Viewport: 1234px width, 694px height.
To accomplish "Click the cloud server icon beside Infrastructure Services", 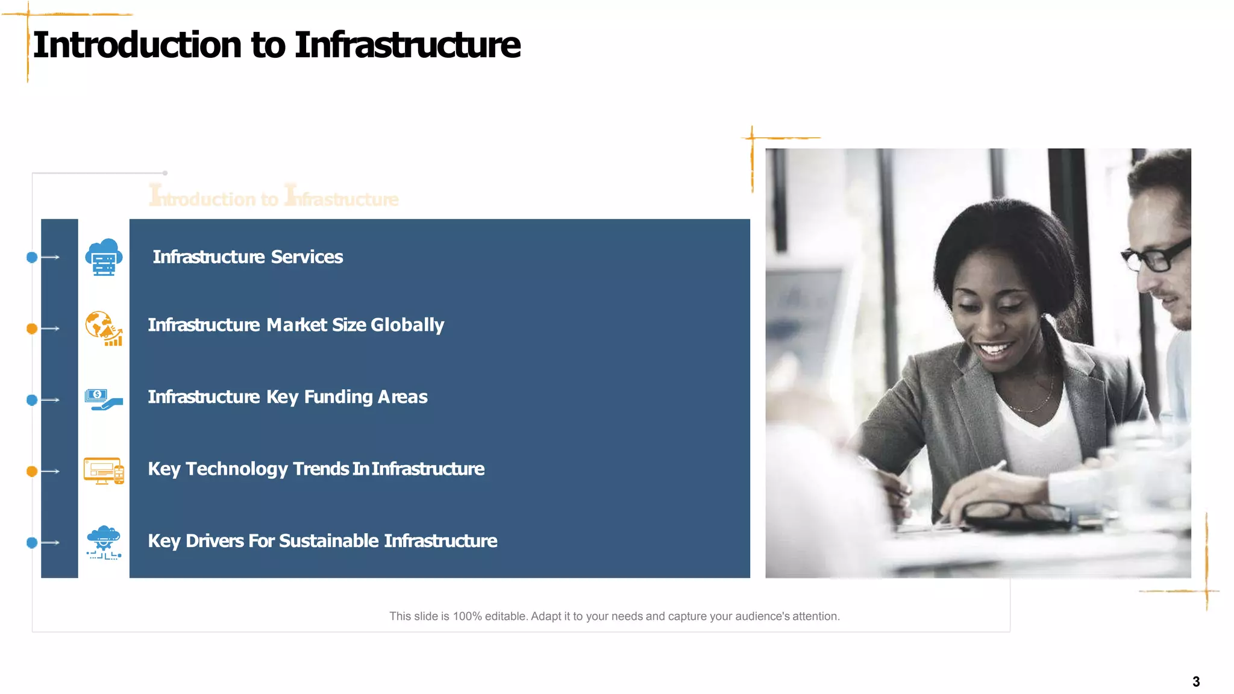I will tap(104, 257).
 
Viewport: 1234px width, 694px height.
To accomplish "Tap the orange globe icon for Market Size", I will tap(104, 328).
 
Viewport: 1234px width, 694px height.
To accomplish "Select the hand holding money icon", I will tap(104, 399).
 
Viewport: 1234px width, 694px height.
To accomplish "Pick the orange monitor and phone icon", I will tap(104, 470).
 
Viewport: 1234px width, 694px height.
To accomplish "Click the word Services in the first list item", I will tap(307, 257).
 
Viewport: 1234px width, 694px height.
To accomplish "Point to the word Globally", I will tap(407, 325).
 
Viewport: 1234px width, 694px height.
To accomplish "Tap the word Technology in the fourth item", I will tap(236, 469).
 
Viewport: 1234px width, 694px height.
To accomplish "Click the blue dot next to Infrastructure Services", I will tap(32, 257).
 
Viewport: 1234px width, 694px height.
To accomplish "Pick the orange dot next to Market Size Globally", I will tap(32, 328).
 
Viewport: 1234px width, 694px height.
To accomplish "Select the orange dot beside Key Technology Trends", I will tap(32, 471).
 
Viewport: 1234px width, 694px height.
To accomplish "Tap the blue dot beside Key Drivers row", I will tap(32, 543).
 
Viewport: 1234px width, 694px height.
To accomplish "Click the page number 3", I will tap(1196, 682).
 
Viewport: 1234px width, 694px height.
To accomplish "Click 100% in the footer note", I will tap(468, 616).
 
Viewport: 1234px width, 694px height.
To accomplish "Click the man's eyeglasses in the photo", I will tap(1157, 255).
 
